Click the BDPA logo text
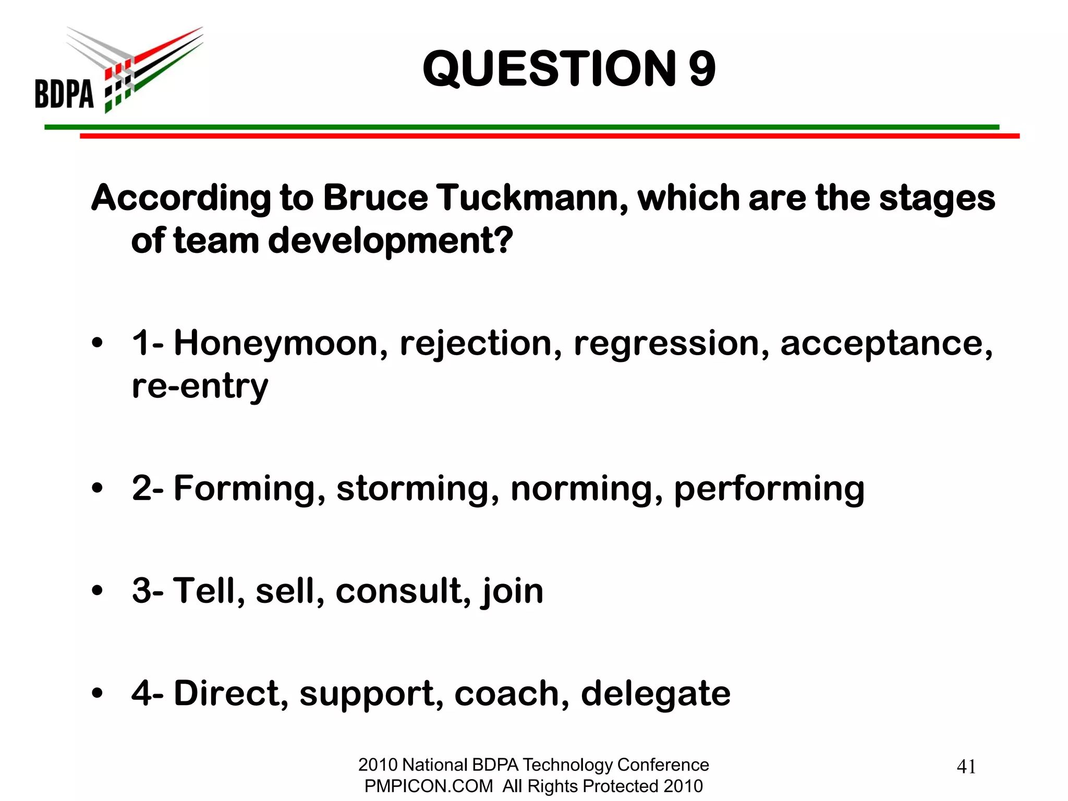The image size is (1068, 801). coord(64,94)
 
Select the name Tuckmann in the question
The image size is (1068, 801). coord(532,199)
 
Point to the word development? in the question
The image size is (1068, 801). coord(391,241)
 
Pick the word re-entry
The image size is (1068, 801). coord(200,386)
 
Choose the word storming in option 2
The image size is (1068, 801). coord(418,489)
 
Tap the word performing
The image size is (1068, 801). coord(769,489)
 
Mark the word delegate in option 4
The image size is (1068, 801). coord(656,694)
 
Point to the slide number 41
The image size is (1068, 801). coord(966,767)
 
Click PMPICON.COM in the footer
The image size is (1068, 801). coord(428,786)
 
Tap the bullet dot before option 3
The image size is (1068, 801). coord(97,591)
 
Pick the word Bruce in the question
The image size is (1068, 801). coord(375,199)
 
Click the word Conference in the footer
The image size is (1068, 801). coord(663,764)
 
